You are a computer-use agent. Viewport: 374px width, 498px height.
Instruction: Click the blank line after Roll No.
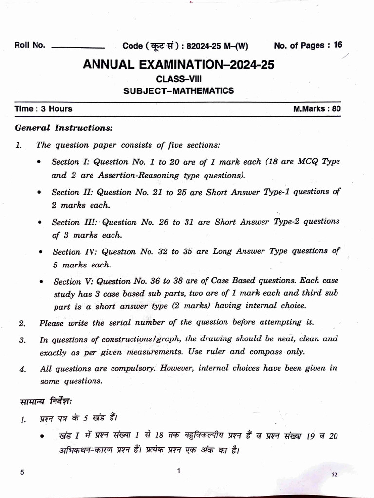tap(78, 48)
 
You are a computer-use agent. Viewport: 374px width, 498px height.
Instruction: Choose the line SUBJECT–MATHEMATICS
tap(178, 90)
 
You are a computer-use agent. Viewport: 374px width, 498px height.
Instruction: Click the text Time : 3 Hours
tap(44, 109)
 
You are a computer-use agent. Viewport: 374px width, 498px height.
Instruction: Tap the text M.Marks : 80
tap(317, 109)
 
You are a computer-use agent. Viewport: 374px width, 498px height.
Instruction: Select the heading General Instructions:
tap(64, 128)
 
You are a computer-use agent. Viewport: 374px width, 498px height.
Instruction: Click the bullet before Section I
tap(39, 162)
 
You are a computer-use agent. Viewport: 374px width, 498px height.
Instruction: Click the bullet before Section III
tap(40, 222)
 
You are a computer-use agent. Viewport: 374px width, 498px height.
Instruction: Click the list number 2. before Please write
tap(22, 323)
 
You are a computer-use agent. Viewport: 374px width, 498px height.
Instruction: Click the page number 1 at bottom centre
tap(179, 471)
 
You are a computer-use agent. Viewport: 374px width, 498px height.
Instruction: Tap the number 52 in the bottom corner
tap(334, 474)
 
